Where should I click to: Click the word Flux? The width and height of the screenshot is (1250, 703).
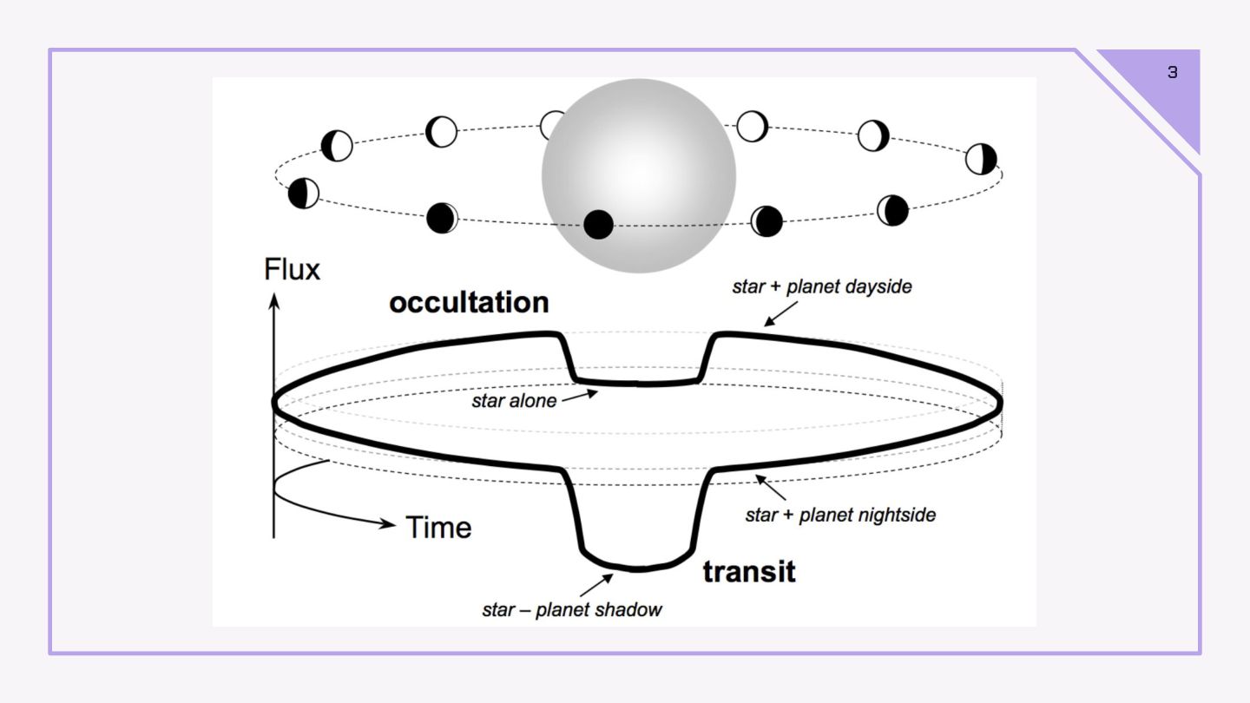click(292, 270)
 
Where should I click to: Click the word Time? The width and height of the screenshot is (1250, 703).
click(439, 527)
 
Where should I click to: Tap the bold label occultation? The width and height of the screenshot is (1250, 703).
click(469, 302)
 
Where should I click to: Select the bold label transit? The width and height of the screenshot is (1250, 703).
click(748, 572)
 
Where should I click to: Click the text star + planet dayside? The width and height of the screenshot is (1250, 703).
click(822, 286)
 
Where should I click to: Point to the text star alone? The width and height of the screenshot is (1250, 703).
click(514, 401)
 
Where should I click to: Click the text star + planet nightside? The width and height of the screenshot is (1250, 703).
click(840, 515)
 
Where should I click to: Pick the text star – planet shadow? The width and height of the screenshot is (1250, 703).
click(572, 609)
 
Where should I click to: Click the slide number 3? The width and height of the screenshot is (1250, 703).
click(1173, 73)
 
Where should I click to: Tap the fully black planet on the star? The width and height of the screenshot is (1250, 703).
click(598, 225)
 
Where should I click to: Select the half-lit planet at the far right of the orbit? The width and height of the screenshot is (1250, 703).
click(981, 160)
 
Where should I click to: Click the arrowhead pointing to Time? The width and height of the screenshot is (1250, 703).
click(391, 523)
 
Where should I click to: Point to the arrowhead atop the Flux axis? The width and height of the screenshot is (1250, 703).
click(273, 300)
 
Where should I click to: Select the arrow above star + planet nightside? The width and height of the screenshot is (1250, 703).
click(771, 486)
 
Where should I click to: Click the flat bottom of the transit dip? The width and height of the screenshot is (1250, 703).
click(638, 568)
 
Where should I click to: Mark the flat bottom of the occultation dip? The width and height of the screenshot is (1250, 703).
click(638, 382)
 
